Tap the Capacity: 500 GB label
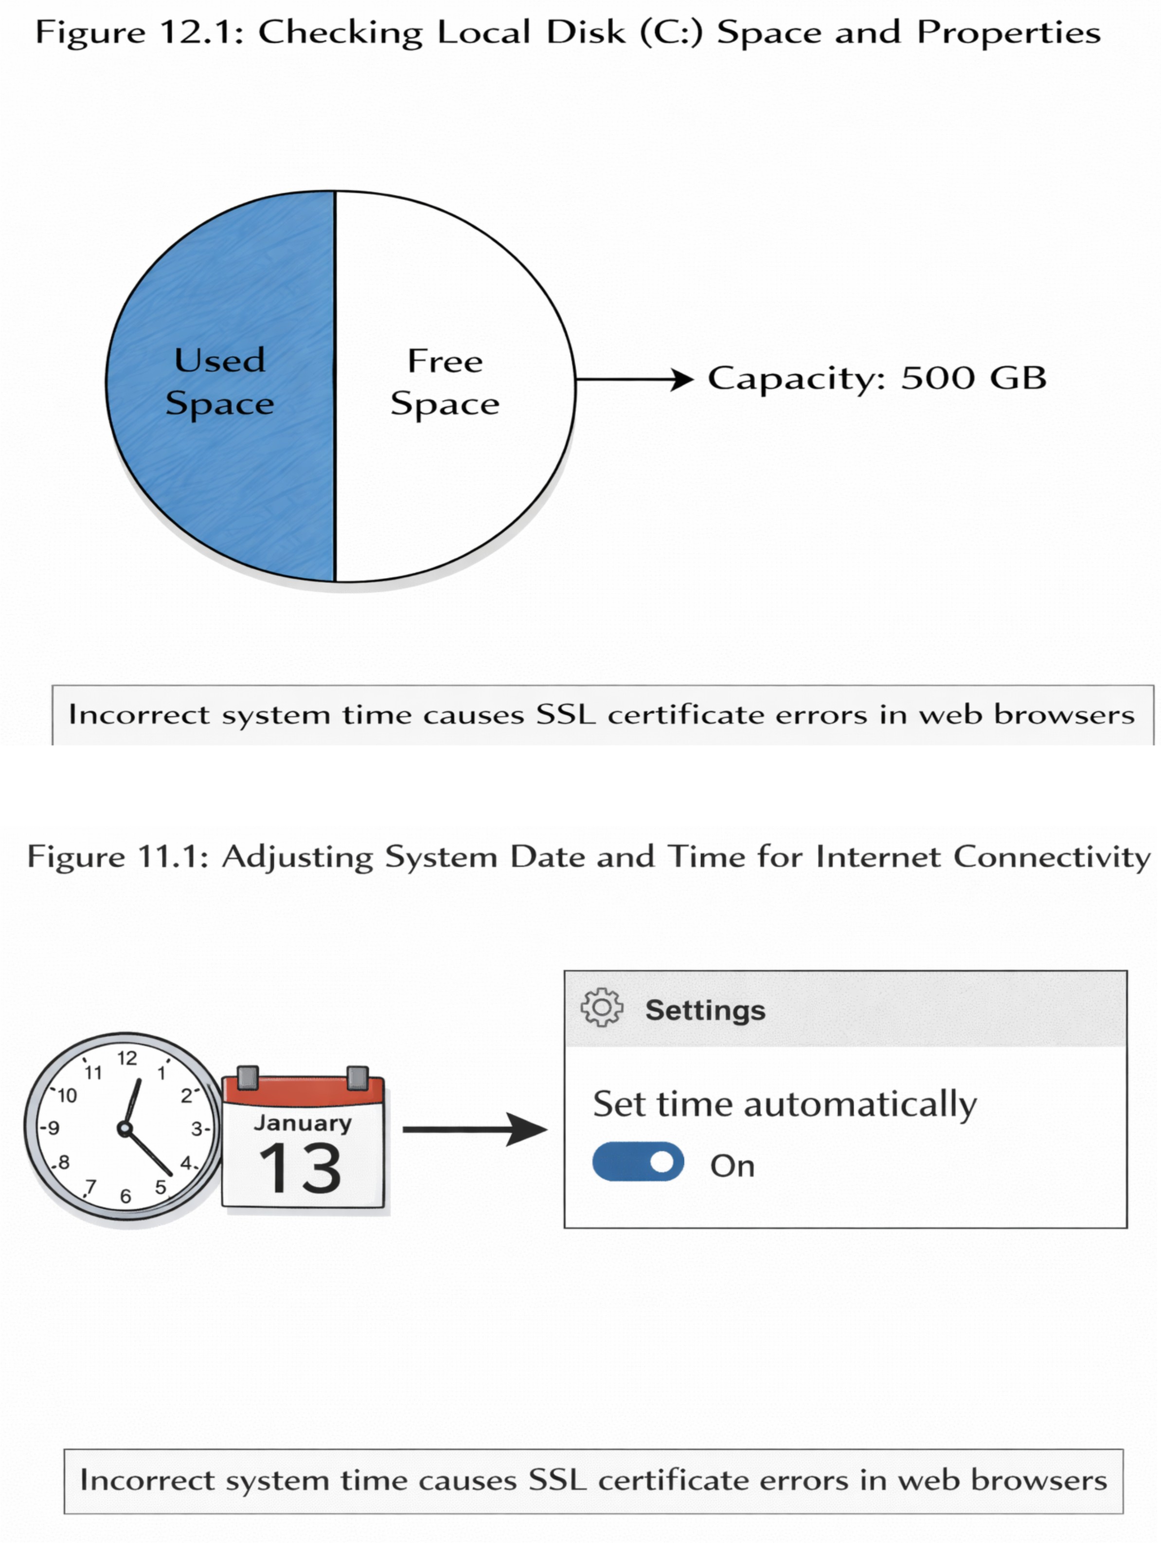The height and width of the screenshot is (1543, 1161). [877, 379]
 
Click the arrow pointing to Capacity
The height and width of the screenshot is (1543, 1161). [635, 380]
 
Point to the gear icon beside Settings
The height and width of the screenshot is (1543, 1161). [602, 1007]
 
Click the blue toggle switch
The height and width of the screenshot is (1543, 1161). [638, 1162]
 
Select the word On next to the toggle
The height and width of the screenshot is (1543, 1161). [732, 1165]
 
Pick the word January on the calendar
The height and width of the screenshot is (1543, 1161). [303, 1122]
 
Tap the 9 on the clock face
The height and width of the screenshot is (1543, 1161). [53, 1127]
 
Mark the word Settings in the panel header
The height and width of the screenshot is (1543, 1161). [705, 1010]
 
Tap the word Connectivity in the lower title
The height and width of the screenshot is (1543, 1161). [1052, 856]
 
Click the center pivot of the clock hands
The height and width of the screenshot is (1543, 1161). [125, 1128]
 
